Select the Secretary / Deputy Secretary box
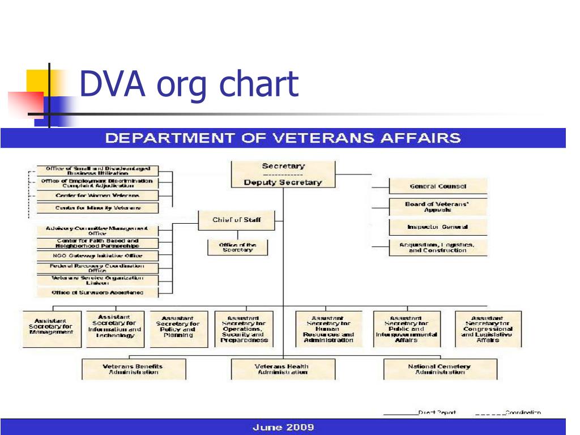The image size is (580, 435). click(x=283, y=174)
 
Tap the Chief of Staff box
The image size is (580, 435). click(x=236, y=220)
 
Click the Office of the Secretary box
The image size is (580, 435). click(x=237, y=248)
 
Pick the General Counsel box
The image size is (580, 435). click(x=437, y=186)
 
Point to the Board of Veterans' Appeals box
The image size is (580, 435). click(x=437, y=207)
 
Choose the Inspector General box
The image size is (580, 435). click(x=437, y=227)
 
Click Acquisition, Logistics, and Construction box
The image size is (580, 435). click(x=437, y=248)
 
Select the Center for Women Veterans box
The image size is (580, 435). click(x=97, y=195)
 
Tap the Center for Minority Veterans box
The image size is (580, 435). click(x=97, y=208)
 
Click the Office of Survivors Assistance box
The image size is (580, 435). click(x=97, y=293)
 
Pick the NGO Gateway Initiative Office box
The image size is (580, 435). click(x=97, y=255)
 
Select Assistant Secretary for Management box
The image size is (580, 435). click(x=51, y=329)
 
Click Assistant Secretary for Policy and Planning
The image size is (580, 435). click(x=178, y=329)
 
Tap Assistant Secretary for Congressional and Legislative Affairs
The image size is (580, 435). click(x=488, y=329)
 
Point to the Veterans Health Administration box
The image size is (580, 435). click(x=283, y=369)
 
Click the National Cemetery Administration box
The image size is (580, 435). click(x=440, y=369)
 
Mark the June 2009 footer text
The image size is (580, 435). click(x=283, y=427)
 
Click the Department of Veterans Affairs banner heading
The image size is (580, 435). click(x=283, y=138)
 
